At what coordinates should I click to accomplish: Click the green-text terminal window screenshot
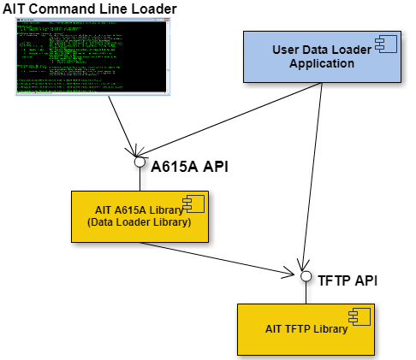coord(92,56)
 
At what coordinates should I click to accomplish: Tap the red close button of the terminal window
coord(166,20)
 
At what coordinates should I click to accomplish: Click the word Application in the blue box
coord(321,63)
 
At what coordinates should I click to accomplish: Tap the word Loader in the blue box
coord(353,50)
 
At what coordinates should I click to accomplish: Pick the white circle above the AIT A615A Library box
coord(140,162)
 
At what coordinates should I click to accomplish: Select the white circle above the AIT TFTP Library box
coord(306,276)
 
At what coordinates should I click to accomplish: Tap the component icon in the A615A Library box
coord(193,204)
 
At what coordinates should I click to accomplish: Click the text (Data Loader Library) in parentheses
coord(139,222)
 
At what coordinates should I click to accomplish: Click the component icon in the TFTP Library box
coord(360,316)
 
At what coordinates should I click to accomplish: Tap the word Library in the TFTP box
coord(330,329)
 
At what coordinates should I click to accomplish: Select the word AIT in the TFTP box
coord(274,329)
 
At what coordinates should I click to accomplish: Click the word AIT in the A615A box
coord(104,210)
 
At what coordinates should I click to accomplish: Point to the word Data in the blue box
coord(318,50)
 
